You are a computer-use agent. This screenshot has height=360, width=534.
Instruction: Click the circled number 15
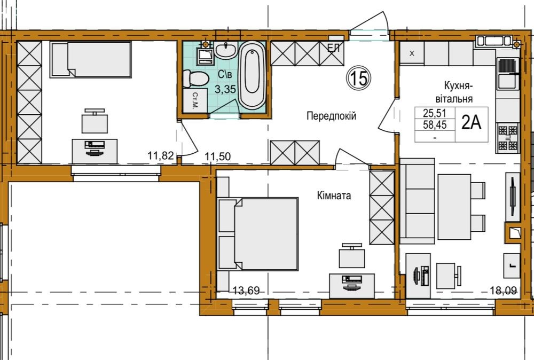point(359,79)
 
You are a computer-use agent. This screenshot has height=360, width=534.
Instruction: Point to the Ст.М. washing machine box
point(195,100)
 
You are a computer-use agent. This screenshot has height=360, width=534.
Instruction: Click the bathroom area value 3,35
point(225,89)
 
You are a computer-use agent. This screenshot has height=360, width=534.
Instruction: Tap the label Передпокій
point(332,116)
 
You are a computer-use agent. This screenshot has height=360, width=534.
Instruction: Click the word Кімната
point(334,196)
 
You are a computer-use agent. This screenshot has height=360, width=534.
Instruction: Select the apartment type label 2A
point(472,123)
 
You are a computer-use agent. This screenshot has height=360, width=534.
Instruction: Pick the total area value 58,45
point(435,125)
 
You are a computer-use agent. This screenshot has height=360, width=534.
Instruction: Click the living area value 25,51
point(435,113)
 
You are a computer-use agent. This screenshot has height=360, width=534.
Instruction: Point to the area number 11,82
point(160,155)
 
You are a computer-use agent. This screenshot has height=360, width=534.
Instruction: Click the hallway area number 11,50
point(218,156)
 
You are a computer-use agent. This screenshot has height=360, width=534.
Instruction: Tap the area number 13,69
point(246,291)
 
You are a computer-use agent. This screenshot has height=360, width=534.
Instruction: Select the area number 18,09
point(504,291)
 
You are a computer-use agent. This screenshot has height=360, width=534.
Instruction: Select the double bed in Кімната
point(257,234)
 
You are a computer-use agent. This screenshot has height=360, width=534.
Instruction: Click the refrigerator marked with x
point(412,53)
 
